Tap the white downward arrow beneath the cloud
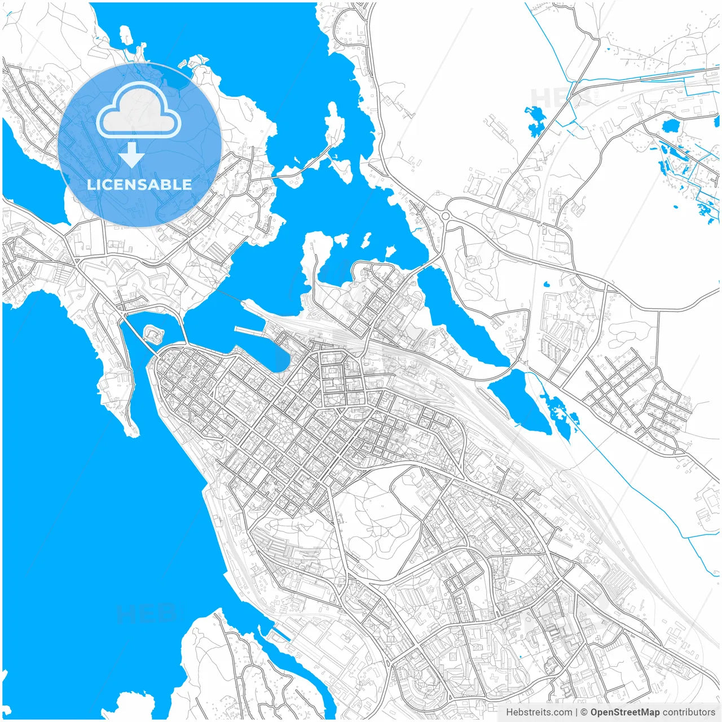pos(131,155)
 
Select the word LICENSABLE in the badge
pos(139,184)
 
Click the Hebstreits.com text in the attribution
pos(539,712)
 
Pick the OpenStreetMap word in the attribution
pos(624,712)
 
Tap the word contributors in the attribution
pos(688,712)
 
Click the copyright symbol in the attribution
pos(584,712)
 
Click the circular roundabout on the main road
pos(446,215)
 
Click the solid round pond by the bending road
pos(671,125)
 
